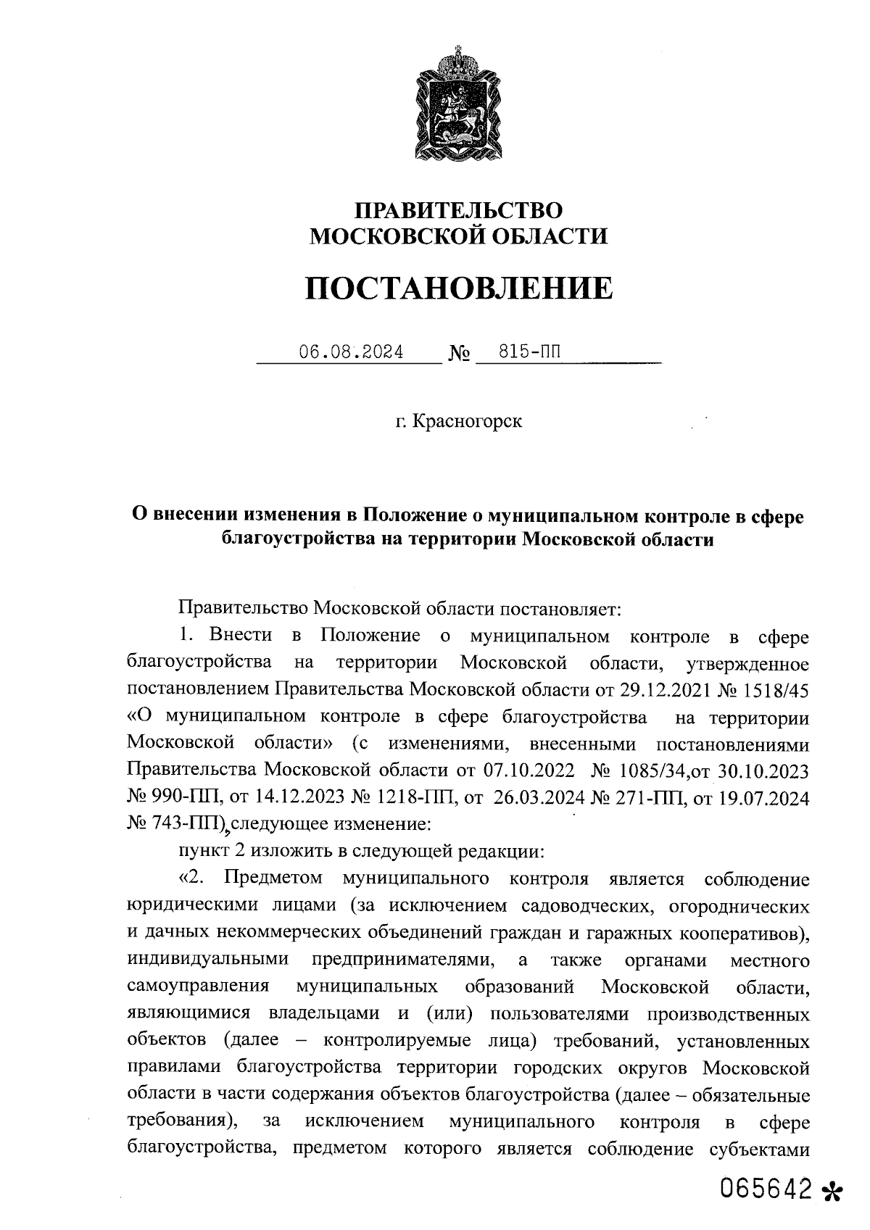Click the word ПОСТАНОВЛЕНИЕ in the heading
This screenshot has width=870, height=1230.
458,288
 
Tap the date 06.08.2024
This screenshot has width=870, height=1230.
352,353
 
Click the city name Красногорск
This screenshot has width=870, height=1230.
467,421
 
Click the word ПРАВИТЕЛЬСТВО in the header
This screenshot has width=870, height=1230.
458,210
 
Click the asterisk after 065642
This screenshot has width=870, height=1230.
834,1192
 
